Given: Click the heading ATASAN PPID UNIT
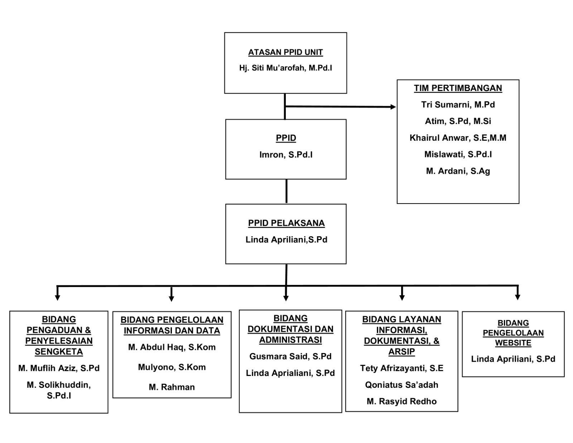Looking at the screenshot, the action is tap(285, 52).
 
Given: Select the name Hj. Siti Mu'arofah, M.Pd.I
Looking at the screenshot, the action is tap(285, 68).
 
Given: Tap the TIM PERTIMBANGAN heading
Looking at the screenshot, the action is tap(458, 88).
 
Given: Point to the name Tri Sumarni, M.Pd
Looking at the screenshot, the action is tap(458, 105).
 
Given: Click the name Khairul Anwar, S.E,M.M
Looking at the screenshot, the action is tap(458, 138).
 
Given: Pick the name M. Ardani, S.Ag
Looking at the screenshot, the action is tap(458, 171).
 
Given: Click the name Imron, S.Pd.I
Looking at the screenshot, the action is tap(286, 154).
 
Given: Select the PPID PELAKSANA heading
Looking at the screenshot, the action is tap(286, 223).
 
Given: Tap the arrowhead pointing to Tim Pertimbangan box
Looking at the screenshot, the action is tap(393, 107).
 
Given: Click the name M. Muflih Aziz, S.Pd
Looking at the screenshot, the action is tap(59, 368).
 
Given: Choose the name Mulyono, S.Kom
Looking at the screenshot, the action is tap(172, 367).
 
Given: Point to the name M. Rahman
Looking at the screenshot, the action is tap(172, 387).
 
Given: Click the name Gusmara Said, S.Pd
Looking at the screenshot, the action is tap(290, 357).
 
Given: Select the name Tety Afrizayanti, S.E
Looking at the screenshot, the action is tap(401, 368).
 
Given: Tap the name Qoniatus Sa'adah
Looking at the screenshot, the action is tap(401, 385).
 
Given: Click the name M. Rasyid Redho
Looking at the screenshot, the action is tap(401, 401).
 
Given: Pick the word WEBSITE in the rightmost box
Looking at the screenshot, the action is tap(513, 343).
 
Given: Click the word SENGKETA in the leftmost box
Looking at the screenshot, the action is tap(59, 352).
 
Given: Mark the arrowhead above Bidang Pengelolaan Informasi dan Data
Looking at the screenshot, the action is tap(172, 299).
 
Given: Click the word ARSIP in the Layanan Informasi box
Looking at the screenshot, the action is tap(401, 352).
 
